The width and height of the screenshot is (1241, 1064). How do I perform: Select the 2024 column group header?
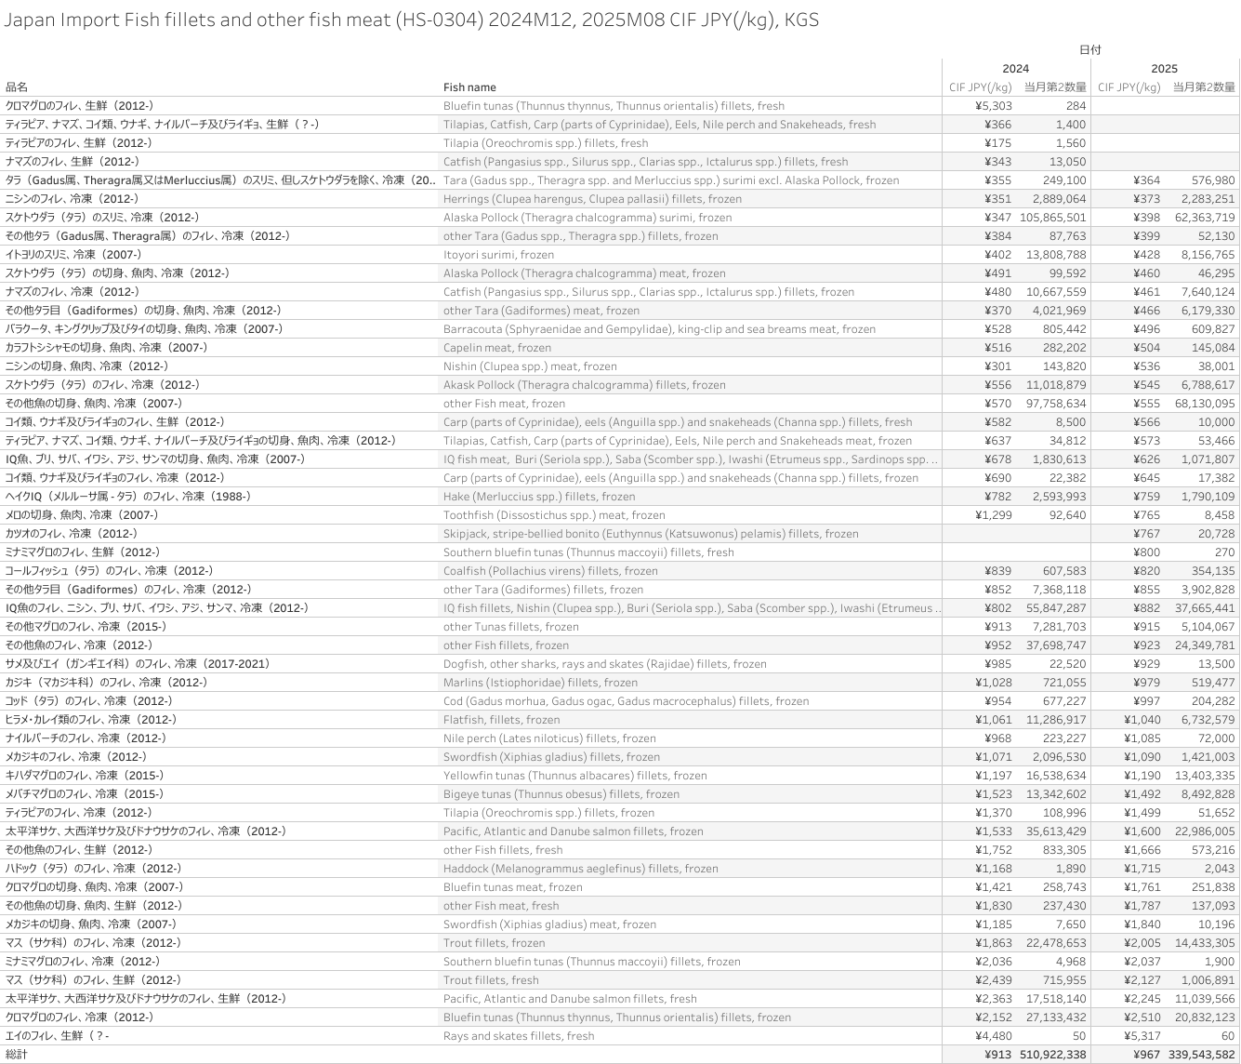(1015, 69)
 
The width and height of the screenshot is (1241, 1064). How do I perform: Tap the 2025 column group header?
(1164, 69)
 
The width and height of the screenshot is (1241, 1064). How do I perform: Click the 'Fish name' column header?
(469, 87)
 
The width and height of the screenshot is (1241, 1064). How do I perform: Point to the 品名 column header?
(17, 87)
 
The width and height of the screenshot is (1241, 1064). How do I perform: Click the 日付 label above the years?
(1089, 50)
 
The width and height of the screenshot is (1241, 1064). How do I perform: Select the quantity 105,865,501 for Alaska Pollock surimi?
(1053, 218)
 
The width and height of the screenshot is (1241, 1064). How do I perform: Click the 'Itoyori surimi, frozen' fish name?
(498, 255)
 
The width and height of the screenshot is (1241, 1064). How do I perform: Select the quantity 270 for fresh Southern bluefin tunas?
(1224, 552)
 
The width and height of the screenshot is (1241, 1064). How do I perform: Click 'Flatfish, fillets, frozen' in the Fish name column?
(501, 720)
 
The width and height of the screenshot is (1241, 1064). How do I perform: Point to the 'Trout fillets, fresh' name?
(491, 980)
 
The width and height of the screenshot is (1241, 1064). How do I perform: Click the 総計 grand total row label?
(17, 1055)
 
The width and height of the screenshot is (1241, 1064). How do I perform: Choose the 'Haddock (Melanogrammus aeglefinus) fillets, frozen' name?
(580, 869)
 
